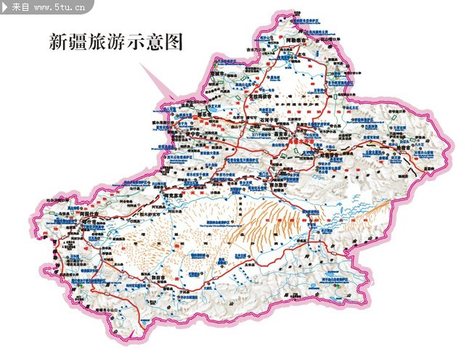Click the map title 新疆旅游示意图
tap(115, 41)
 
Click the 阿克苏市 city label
tap(177, 197)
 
